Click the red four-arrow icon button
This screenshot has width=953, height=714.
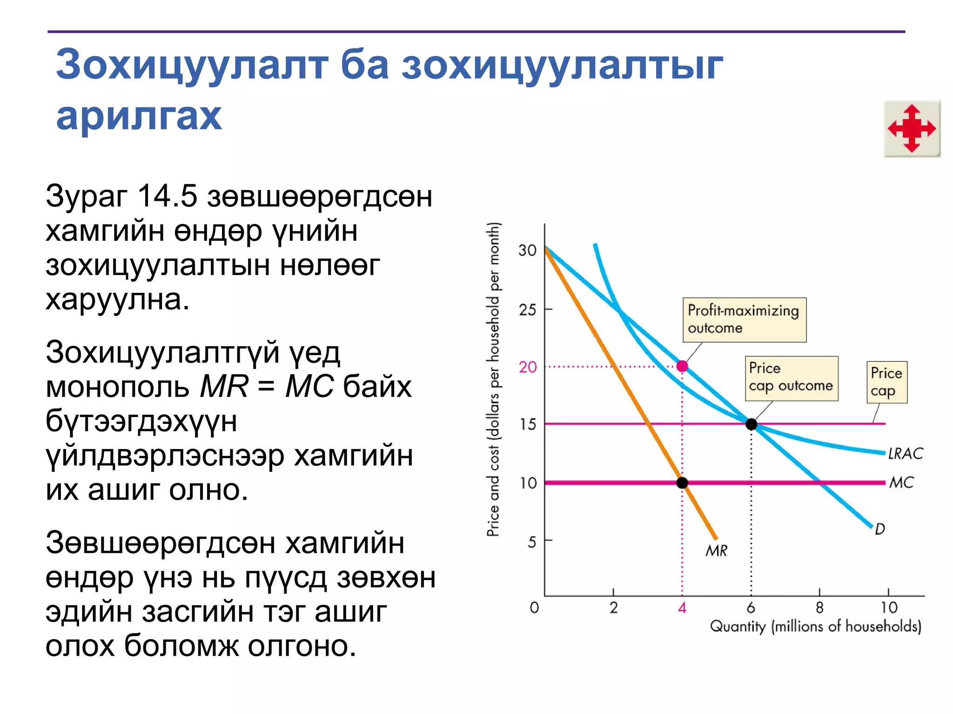912,128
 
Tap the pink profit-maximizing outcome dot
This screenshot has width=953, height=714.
682,366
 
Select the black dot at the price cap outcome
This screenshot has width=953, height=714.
751,424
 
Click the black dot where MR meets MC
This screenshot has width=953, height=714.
682,483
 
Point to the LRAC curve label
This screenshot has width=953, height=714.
905,453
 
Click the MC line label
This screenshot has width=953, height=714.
901,483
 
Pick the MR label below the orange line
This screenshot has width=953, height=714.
716,551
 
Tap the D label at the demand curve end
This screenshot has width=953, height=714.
879,529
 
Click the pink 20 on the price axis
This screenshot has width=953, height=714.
528,367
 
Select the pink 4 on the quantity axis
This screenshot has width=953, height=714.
682,608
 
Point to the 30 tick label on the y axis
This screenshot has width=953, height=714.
528,251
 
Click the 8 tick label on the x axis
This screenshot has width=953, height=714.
819,608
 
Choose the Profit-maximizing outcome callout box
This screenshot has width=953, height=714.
744,320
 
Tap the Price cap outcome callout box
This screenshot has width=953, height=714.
791,378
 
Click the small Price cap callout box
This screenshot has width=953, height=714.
886,382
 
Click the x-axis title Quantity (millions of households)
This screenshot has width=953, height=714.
815,627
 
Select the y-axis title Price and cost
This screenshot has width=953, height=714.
493,379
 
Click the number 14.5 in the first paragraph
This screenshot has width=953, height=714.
168,196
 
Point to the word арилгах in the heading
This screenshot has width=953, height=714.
139,116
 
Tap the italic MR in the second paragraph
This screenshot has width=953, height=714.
224,386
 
